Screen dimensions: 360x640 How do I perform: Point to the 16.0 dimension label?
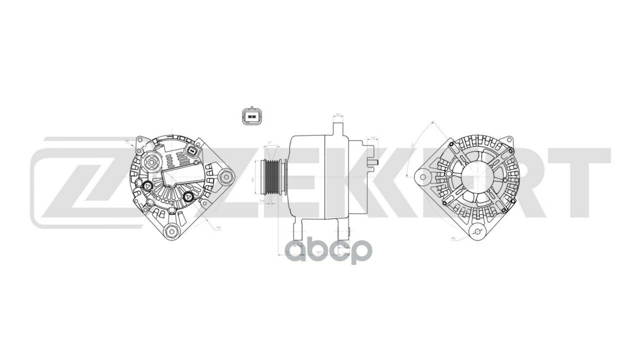338,115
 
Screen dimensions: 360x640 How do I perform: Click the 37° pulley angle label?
270,143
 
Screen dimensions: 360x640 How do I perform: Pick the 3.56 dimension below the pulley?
261,200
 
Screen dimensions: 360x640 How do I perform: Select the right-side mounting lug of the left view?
226,176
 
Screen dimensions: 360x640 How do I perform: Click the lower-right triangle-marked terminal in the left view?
188,197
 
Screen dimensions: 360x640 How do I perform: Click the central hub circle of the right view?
472,176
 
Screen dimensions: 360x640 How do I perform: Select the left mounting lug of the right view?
421,176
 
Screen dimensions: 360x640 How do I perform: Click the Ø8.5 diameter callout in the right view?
453,238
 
